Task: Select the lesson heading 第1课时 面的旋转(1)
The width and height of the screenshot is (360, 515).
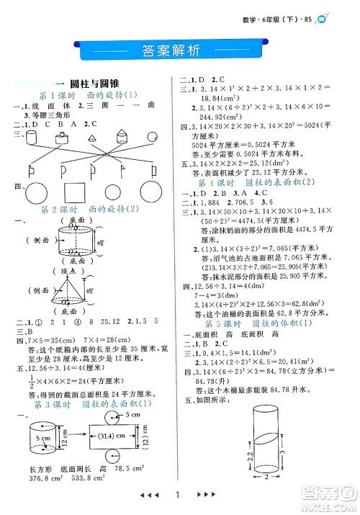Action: [91, 96]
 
